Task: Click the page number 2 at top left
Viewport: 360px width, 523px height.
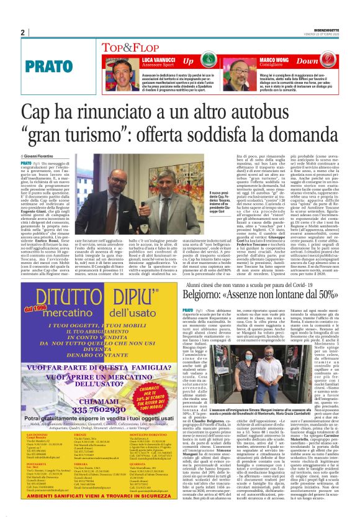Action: [x=22, y=33]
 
